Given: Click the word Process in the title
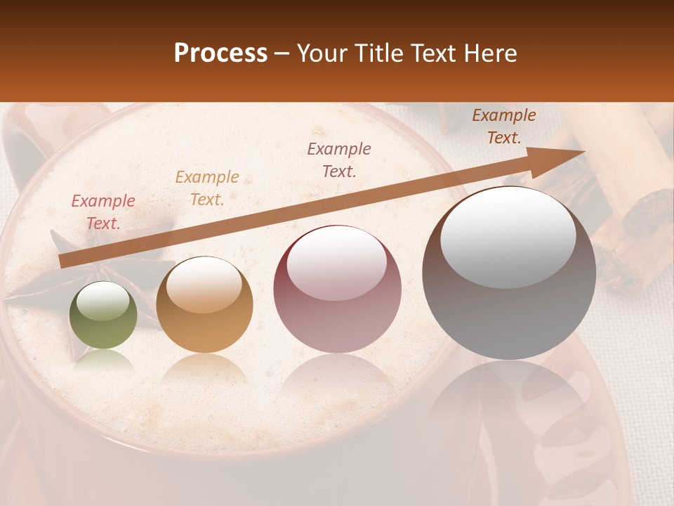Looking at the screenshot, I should point(220,53).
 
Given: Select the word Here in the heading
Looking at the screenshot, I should point(491,53).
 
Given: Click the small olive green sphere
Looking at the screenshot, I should point(103,316).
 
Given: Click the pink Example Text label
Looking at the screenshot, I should point(103,212).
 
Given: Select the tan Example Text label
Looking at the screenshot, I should point(207,188).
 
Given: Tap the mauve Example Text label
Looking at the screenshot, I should point(339,160).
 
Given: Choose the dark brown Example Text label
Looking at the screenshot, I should point(504,126).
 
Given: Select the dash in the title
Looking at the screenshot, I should point(282,54).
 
